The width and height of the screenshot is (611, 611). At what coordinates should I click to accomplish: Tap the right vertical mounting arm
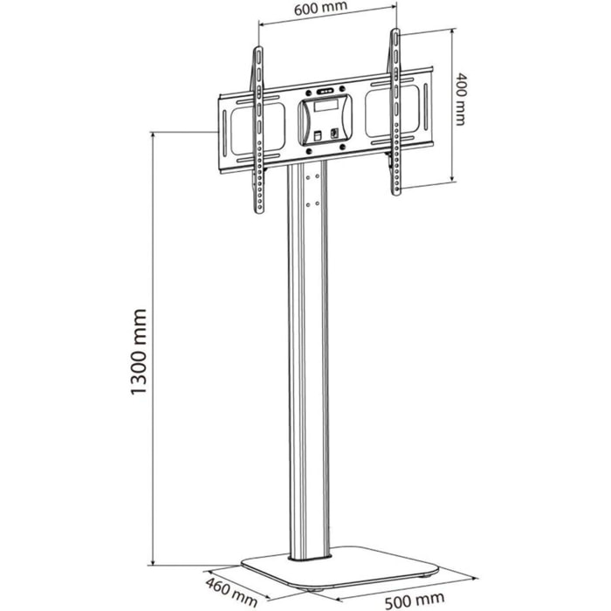pyautogui.click(x=395, y=113)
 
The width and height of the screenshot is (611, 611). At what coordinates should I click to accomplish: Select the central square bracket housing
pyautogui.click(x=324, y=121)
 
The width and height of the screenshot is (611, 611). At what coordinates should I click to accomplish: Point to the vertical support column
pyautogui.click(x=311, y=367)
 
